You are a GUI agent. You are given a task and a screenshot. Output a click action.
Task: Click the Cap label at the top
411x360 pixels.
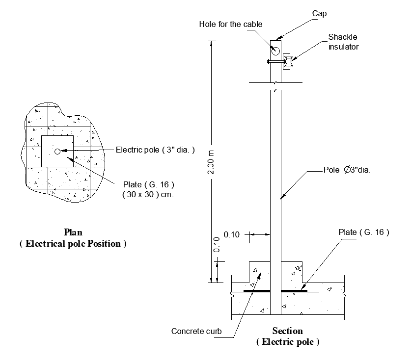coord(319,14)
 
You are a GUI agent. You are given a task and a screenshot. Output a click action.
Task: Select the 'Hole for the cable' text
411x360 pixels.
coord(231,25)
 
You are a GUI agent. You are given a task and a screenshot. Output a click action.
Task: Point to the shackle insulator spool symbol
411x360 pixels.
coord(289,61)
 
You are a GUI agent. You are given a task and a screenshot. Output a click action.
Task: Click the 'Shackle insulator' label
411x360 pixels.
coord(343,42)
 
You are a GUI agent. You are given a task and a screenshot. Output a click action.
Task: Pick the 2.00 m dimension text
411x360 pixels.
coord(211,162)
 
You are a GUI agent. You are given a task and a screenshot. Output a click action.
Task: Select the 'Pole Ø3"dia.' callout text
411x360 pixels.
coord(347,170)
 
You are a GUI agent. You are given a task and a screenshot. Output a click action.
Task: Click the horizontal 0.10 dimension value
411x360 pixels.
coord(231,234)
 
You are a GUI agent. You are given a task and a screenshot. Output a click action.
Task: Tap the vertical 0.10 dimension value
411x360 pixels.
coord(217,245)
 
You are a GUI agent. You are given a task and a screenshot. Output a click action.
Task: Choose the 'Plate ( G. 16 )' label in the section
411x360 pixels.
coord(364,232)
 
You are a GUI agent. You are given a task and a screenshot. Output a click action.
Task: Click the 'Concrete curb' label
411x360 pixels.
coord(196,331)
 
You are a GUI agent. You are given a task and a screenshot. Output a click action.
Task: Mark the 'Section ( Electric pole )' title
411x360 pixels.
coord(288,336)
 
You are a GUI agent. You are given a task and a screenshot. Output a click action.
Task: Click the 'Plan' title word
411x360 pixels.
coord(73,232)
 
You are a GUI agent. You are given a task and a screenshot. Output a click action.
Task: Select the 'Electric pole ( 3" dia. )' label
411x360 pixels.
coord(155,150)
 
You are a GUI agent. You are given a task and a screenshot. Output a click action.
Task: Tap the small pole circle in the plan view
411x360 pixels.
coord(57,152)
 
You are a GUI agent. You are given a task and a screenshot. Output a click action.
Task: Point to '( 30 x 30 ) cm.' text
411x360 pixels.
coord(148,195)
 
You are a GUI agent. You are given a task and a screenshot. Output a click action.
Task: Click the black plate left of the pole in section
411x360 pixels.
coord(257,291)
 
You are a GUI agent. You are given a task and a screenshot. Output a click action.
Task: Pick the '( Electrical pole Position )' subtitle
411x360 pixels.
coord(73,244)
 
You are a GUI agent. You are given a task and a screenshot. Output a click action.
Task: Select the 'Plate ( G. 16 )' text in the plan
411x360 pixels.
coord(149,185)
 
